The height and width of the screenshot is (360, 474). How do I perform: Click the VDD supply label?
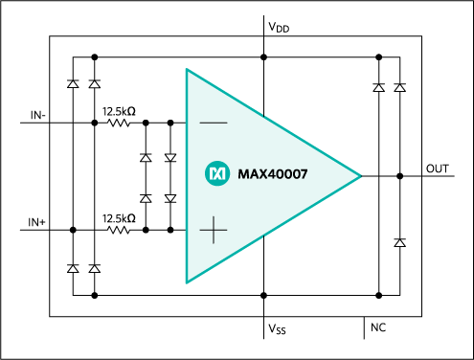point(279,28)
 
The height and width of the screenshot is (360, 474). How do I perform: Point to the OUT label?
point(438,169)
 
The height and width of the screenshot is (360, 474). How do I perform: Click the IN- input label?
point(37,115)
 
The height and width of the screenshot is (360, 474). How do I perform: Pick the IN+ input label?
point(37,222)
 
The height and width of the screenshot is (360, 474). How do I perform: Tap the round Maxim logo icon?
point(216,173)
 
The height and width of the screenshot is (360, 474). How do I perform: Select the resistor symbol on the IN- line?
point(119,124)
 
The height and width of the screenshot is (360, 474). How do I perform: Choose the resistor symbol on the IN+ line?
point(119,230)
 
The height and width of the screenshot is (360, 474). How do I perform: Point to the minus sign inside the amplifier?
point(213,124)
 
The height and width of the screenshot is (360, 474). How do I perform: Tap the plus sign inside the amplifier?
point(213,230)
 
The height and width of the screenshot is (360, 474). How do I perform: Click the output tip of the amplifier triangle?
point(360,176)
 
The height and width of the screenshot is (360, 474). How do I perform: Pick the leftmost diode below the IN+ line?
point(73,269)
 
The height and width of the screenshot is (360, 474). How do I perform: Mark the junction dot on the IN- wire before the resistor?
point(94,124)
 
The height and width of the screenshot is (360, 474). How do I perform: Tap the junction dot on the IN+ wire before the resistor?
point(94,230)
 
